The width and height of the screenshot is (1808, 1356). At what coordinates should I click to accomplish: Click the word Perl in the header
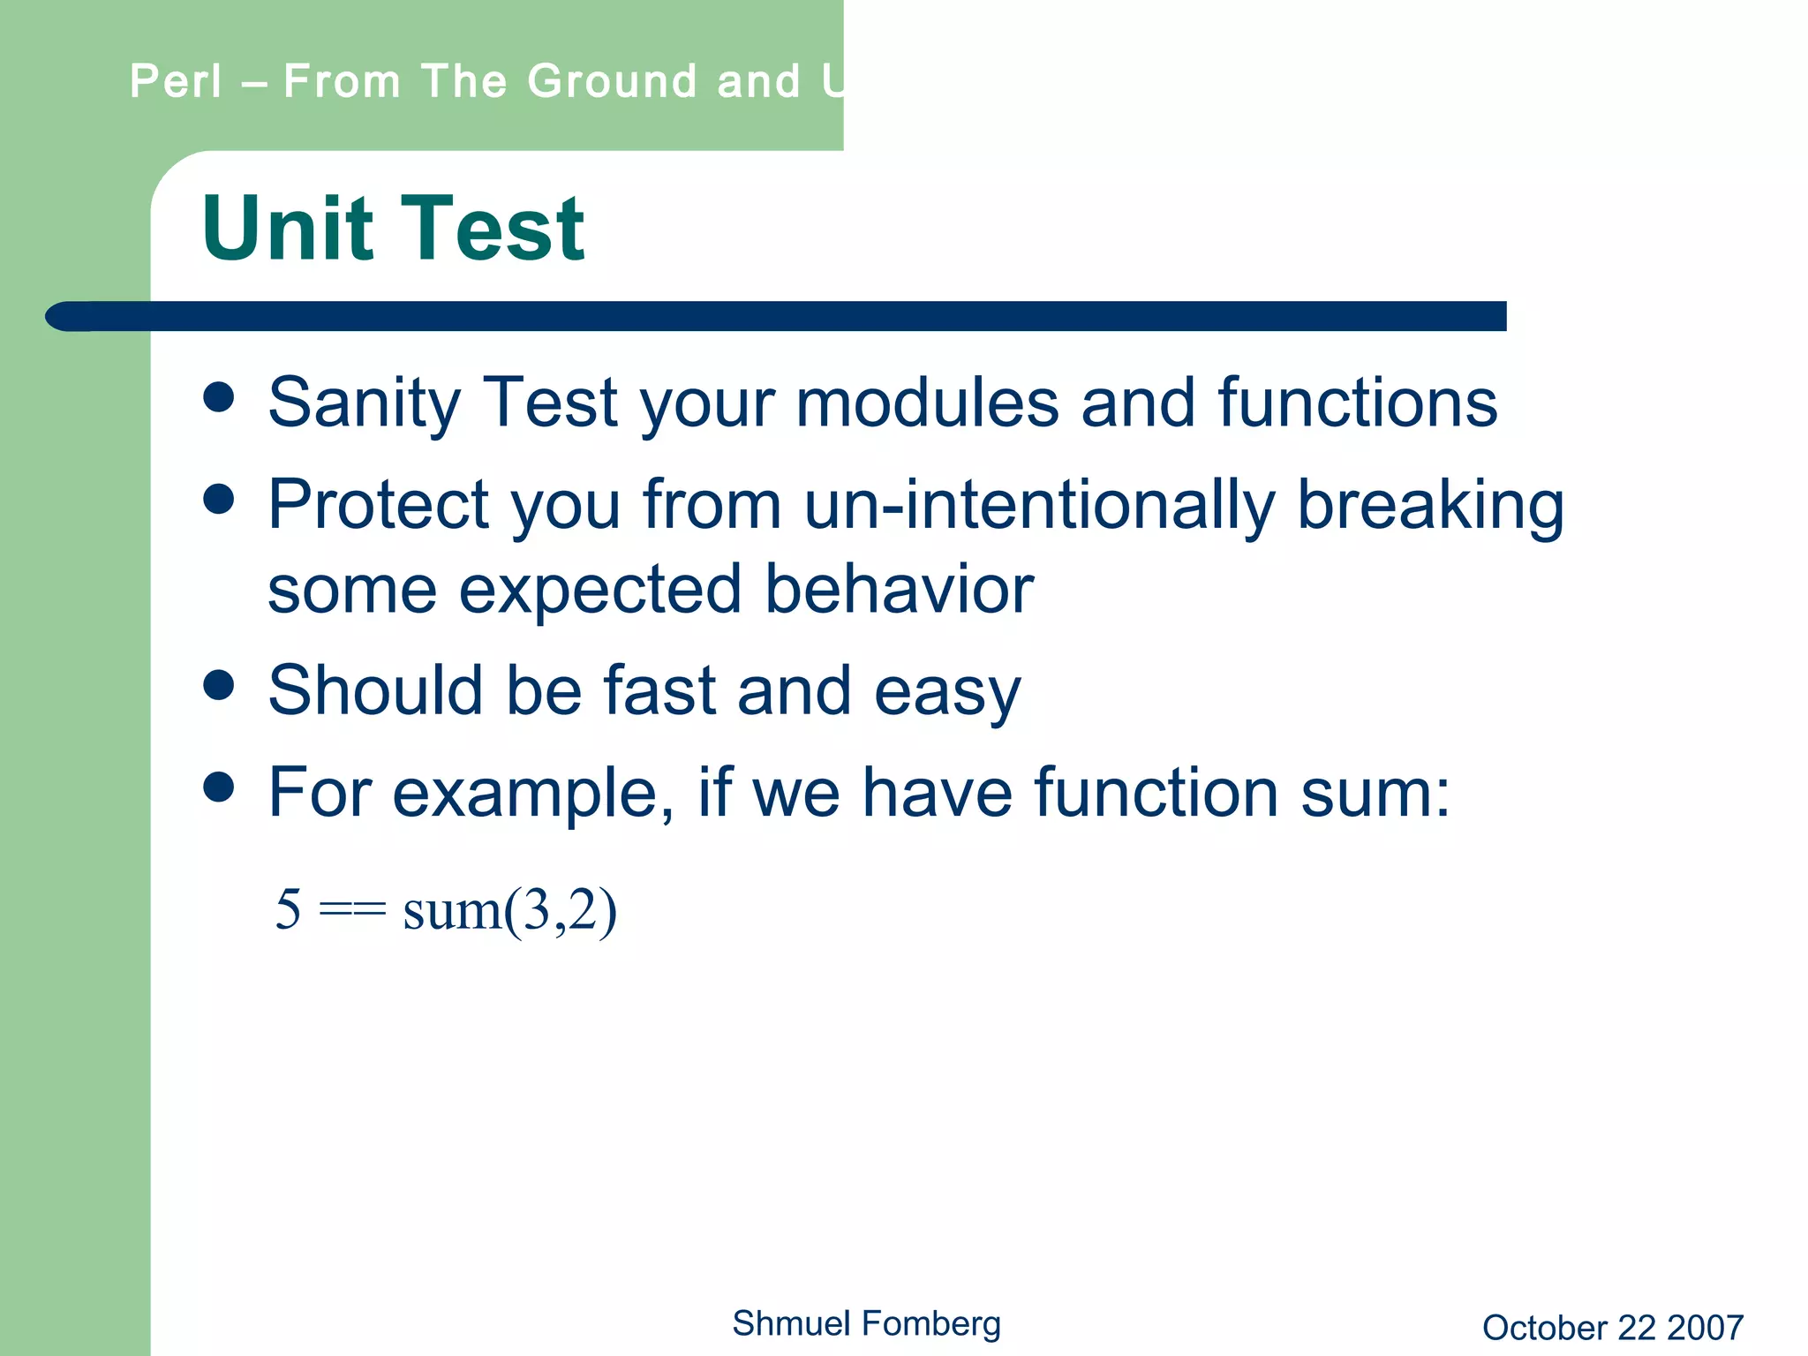[176, 81]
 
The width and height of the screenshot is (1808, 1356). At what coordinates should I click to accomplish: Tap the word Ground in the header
[612, 81]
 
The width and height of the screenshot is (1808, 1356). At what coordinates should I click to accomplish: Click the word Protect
[378, 505]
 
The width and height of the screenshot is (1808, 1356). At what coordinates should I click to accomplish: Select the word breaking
[1430, 505]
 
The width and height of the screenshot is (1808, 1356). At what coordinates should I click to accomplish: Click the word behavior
[899, 590]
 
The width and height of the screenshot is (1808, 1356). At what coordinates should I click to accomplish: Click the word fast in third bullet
[659, 690]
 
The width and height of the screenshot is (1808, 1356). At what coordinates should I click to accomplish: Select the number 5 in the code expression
[288, 909]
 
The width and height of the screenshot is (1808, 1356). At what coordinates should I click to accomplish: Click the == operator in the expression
[351, 911]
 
